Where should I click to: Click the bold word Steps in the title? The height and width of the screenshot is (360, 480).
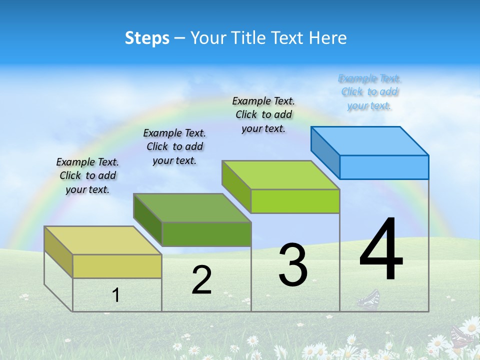(147, 38)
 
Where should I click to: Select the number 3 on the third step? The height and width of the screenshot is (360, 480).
(293, 265)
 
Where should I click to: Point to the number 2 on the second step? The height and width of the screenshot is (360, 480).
(202, 280)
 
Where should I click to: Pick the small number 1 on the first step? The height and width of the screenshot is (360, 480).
(116, 295)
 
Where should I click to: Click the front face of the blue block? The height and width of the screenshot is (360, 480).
(384, 167)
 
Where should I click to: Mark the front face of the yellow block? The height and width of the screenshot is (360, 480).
(117, 266)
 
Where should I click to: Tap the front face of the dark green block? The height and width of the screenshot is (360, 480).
(206, 234)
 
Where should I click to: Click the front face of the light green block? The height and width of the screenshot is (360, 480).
(295, 201)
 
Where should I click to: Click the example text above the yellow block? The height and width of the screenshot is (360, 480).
(87, 175)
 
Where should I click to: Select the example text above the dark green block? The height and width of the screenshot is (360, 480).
(174, 146)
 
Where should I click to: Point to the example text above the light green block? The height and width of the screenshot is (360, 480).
(263, 114)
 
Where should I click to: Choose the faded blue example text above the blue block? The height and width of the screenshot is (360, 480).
(369, 92)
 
